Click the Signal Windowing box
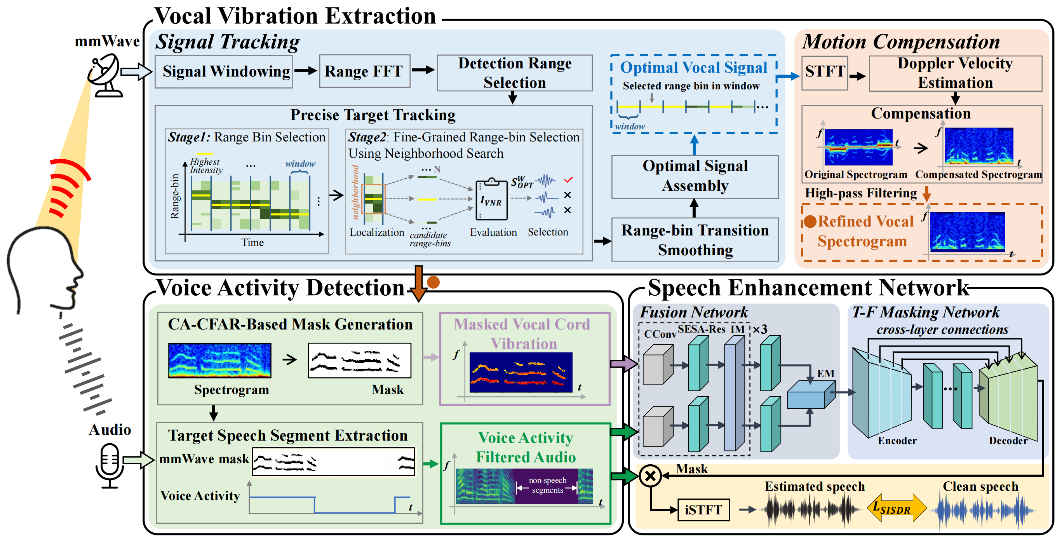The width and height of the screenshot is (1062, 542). (x=223, y=71)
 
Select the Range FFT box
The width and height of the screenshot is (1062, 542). (x=364, y=71)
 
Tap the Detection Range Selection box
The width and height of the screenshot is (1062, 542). (x=515, y=73)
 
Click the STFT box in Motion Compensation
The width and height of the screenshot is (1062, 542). (x=825, y=73)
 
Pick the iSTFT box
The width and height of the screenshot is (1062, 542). (x=703, y=510)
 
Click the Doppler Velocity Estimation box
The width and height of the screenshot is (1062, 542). (x=955, y=73)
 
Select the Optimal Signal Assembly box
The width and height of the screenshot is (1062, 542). (x=695, y=176)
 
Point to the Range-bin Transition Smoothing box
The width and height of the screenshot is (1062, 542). (x=695, y=240)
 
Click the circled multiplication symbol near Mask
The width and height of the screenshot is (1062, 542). (x=650, y=476)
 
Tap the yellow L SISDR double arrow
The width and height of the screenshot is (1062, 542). (x=897, y=508)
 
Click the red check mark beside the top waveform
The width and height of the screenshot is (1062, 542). (x=568, y=180)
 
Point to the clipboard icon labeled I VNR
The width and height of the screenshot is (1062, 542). (x=491, y=200)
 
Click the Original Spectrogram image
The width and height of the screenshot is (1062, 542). (x=858, y=147)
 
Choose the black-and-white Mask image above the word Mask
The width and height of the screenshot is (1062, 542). (x=359, y=360)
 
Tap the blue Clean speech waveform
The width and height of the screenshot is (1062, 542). (x=984, y=510)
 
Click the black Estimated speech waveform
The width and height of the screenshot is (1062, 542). (x=810, y=510)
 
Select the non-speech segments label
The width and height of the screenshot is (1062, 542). (x=547, y=485)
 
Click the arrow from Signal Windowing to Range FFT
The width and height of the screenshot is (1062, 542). (x=305, y=71)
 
